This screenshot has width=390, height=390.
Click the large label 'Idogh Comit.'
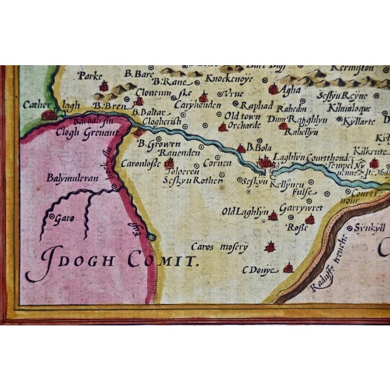(x=113, y=261)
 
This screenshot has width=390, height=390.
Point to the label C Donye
(x=260, y=269)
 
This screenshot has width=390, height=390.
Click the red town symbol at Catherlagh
(x=49, y=114)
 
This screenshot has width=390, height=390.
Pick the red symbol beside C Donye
(x=288, y=268)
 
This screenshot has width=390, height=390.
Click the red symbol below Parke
(x=104, y=87)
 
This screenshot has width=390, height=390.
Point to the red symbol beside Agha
(x=273, y=90)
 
